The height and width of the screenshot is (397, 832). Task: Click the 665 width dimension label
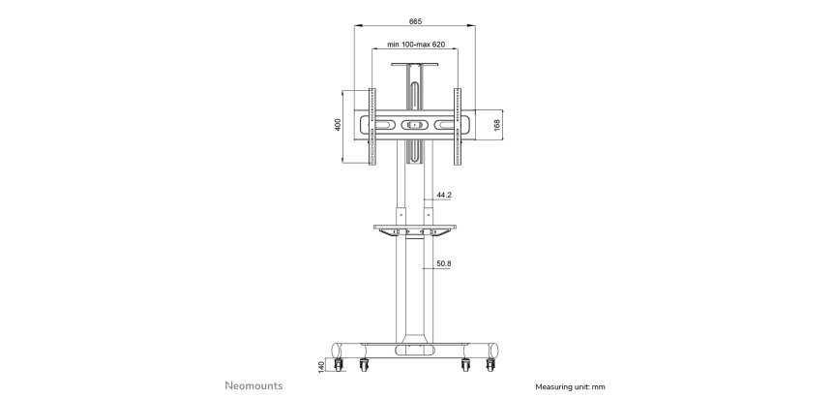415,20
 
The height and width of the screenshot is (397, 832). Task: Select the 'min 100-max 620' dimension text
415,44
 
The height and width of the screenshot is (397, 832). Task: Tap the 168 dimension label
496,125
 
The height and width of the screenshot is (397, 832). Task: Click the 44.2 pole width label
444,196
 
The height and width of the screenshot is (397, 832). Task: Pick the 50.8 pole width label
444,262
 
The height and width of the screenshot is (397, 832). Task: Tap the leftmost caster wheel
340,366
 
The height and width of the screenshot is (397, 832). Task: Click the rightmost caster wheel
492,366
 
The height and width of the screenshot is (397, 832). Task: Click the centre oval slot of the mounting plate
415,124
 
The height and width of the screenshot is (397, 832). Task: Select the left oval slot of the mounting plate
384,124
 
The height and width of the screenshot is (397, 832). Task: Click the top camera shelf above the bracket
415,66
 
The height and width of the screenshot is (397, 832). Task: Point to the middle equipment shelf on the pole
415,229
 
